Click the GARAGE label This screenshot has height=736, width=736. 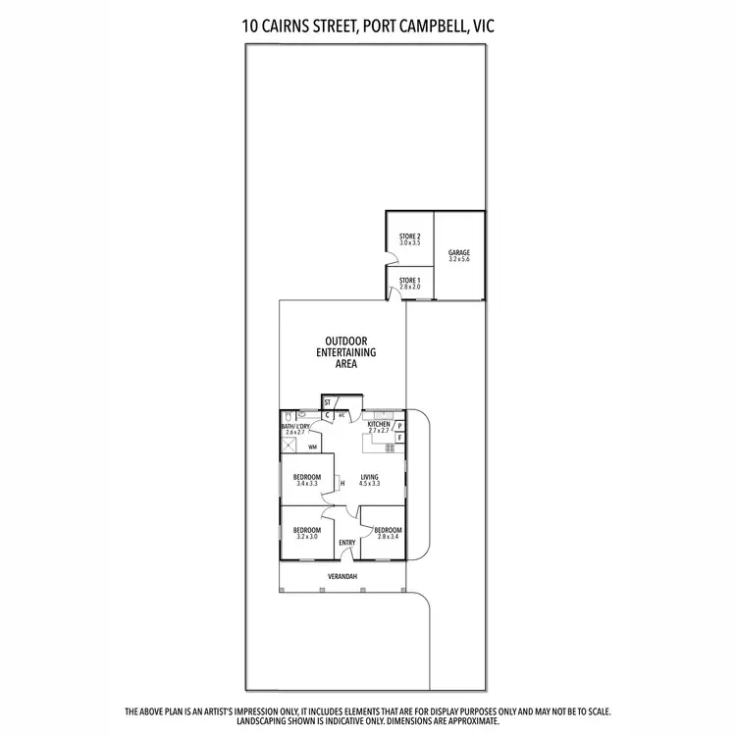(x=459, y=253)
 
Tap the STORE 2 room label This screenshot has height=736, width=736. (x=409, y=237)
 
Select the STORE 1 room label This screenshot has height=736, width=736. (x=409, y=283)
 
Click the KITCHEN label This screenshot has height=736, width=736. (x=379, y=425)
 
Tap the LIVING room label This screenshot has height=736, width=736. (x=369, y=479)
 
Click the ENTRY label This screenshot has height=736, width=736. (x=347, y=543)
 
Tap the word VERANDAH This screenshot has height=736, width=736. (x=342, y=576)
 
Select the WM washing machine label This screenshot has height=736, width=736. (x=312, y=447)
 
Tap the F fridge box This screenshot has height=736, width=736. (x=400, y=438)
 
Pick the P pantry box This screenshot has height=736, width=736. (x=400, y=425)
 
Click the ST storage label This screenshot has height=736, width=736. (x=327, y=402)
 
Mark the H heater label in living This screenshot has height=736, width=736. (x=342, y=482)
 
